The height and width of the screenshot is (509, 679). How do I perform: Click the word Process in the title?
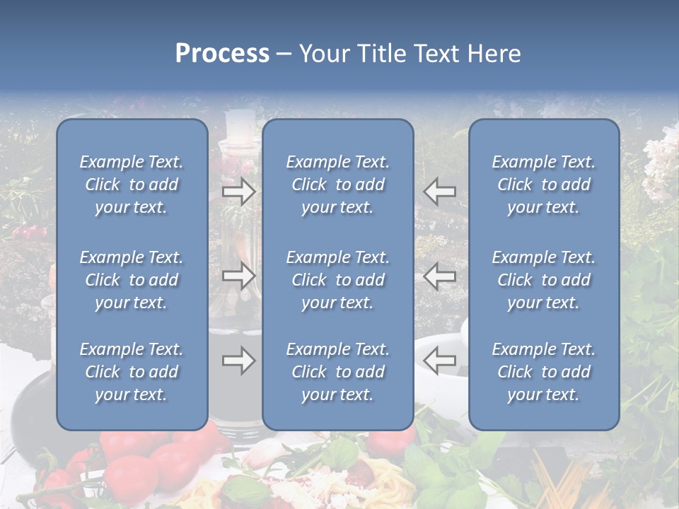click(x=222, y=54)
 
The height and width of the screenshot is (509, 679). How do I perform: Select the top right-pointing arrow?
click(x=239, y=192)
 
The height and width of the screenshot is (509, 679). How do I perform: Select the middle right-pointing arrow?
click(x=239, y=275)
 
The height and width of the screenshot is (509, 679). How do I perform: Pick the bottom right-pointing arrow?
click(x=239, y=361)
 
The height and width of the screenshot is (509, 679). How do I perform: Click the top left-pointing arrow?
click(x=440, y=192)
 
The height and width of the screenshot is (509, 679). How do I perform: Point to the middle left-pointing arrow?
click(x=440, y=275)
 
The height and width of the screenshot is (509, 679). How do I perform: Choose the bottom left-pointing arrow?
click(x=440, y=361)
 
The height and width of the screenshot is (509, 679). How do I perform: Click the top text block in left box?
click(x=132, y=185)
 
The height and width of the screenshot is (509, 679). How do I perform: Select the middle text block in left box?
click(x=132, y=280)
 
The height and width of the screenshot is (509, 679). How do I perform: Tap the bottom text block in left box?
click(x=132, y=372)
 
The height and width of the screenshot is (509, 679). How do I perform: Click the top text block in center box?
click(x=337, y=185)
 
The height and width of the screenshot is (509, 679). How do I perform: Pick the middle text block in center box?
click(x=337, y=280)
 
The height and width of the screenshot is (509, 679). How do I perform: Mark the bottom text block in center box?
click(x=337, y=372)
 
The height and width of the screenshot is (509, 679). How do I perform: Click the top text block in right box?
click(x=543, y=185)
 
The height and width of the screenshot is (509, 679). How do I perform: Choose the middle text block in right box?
click(x=543, y=280)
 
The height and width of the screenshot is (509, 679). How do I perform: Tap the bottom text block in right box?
click(x=543, y=372)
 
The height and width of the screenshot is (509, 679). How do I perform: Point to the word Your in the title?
click(x=325, y=54)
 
